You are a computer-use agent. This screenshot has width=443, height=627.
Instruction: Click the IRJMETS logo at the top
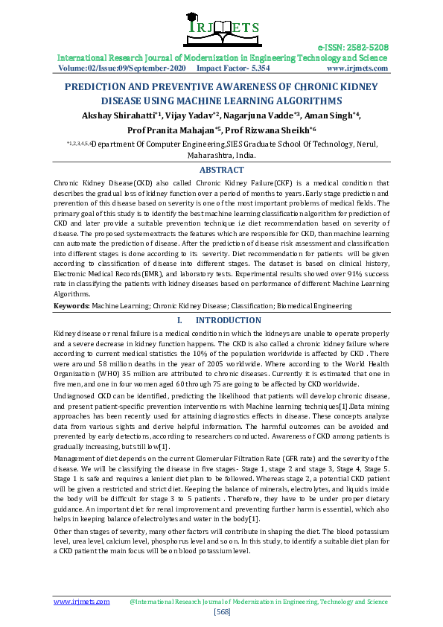point(220,28)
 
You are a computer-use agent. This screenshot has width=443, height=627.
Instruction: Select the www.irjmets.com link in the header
point(357,68)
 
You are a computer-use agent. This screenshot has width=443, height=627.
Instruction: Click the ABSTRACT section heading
point(221,171)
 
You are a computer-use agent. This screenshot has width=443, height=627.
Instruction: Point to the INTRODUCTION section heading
point(228,320)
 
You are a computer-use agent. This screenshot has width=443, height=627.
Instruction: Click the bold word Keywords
point(72,305)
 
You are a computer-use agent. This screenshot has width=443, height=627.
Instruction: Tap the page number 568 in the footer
point(221,611)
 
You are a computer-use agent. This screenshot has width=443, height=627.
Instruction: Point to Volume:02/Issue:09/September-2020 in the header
point(122,68)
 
